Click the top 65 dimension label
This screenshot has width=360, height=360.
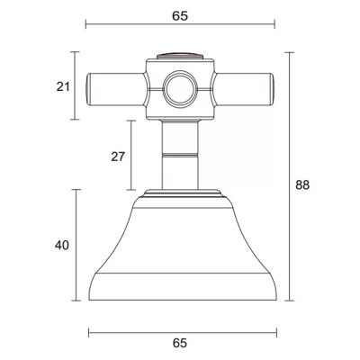click(x=180, y=15)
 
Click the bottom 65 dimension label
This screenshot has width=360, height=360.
click(x=180, y=343)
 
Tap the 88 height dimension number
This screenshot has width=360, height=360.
click(x=302, y=185)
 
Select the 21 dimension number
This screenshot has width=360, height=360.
click(x=63, y=86)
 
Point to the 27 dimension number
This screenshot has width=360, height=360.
click(x=118, y=157)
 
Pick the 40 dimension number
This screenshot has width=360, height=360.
click(x=62, y=246)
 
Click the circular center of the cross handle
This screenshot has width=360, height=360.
click(x=180, y=89)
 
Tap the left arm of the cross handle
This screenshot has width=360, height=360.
click(x=116, y=89)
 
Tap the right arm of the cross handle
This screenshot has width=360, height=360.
click(x=244, y=89)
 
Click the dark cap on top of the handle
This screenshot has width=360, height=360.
click(x=180, y=56)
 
